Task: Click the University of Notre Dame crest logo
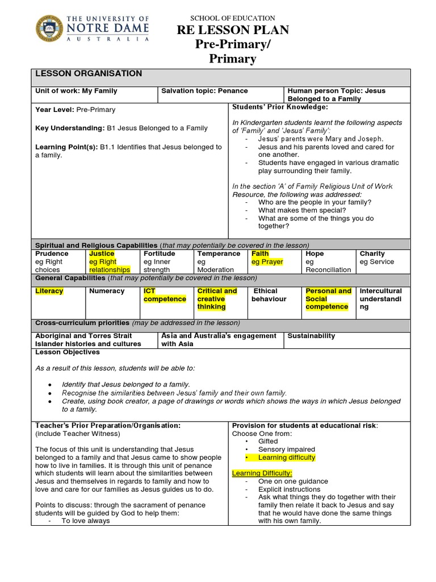pyautogui.click(x=49, y=27)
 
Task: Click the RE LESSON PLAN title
pyautogui.click(x=233, y=30)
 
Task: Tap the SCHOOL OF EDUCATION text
pyautogui.click(x=233, y=18)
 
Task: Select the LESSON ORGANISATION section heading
pyautogui.click(x=89, y=74)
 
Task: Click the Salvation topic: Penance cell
pyautogui.click(x=204, y=91)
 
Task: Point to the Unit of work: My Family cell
pyautogui.click(x=76, y=91)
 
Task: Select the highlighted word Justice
pyautogui.click(x=102, y=253)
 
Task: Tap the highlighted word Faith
pyautogui.click(x=260, y=253)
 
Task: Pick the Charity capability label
pyautogui.click(x=372, y=253)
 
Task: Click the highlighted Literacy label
pyautogui.click(x=49, y=291)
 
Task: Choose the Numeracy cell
pyautogui.click(x=107, y=291)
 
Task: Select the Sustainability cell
pyautogui.click(x=311, y=336)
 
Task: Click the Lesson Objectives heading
pyautogui.click(x=68, y=352)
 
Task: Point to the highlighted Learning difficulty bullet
pyautogui.click(x=286, y=458)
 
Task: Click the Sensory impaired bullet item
pyautogui.click(x=286, y=449)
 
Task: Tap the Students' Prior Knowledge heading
pyautogui.click(x=280, y=107)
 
